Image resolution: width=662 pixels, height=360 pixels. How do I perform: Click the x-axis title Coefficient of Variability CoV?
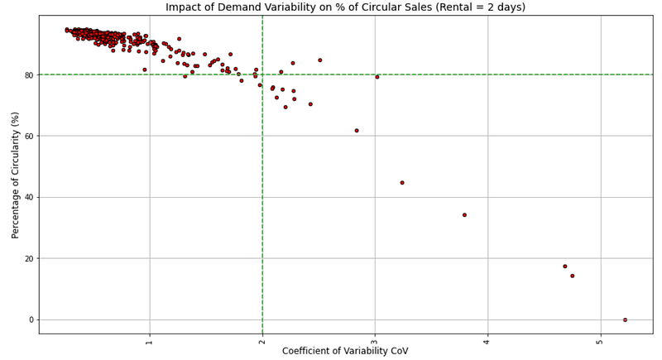point(345,351)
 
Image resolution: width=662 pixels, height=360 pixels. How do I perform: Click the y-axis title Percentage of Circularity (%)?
point(16,174)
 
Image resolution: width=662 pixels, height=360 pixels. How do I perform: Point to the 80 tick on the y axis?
point(28,74)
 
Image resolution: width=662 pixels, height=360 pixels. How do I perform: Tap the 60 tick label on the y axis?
point(28,136)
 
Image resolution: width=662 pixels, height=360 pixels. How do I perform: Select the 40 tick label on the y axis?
point(28,197)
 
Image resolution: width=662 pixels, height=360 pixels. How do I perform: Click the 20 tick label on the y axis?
point(28,258)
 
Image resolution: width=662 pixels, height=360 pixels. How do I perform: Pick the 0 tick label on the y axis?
point(31,319)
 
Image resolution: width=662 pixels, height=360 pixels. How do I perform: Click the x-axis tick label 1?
point(149,340)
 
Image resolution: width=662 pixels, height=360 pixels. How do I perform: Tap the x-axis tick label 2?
point(262,340)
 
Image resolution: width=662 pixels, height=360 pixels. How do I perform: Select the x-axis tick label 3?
point(375,340)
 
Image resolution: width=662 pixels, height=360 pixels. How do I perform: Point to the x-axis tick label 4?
point(487,340)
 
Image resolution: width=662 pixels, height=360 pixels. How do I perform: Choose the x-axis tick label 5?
point(600,340)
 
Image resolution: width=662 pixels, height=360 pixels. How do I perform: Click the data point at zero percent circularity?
point(625,319)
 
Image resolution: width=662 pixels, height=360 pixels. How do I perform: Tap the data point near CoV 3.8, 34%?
point(464,215)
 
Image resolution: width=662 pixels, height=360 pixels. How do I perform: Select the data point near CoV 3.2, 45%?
point(402,183)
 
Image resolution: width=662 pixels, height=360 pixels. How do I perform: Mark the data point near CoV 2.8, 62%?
point(357,131)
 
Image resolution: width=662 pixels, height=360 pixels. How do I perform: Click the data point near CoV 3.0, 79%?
point(377,77)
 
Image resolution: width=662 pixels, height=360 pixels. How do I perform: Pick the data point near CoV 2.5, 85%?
point(320,60)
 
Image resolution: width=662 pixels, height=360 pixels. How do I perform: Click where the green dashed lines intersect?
point(262,74)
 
